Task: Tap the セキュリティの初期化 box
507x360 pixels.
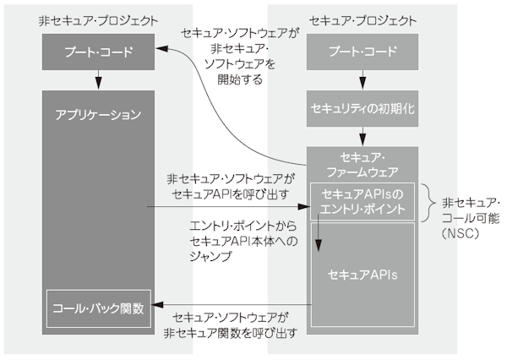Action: coord(363,109)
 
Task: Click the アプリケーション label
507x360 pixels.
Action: coord(97,112)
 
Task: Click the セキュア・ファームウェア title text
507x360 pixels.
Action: coord(363,163)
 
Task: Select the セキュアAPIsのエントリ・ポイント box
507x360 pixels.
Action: coord(363,202)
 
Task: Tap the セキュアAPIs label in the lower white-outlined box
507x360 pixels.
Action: coord(363,275)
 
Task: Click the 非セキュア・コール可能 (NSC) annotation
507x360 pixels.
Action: coord(471,216)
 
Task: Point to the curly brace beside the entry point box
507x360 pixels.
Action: coord(428,203)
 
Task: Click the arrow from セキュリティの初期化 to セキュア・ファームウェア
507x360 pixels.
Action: coord(363,134)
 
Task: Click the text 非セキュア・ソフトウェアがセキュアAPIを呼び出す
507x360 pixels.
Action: coord(228,187)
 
